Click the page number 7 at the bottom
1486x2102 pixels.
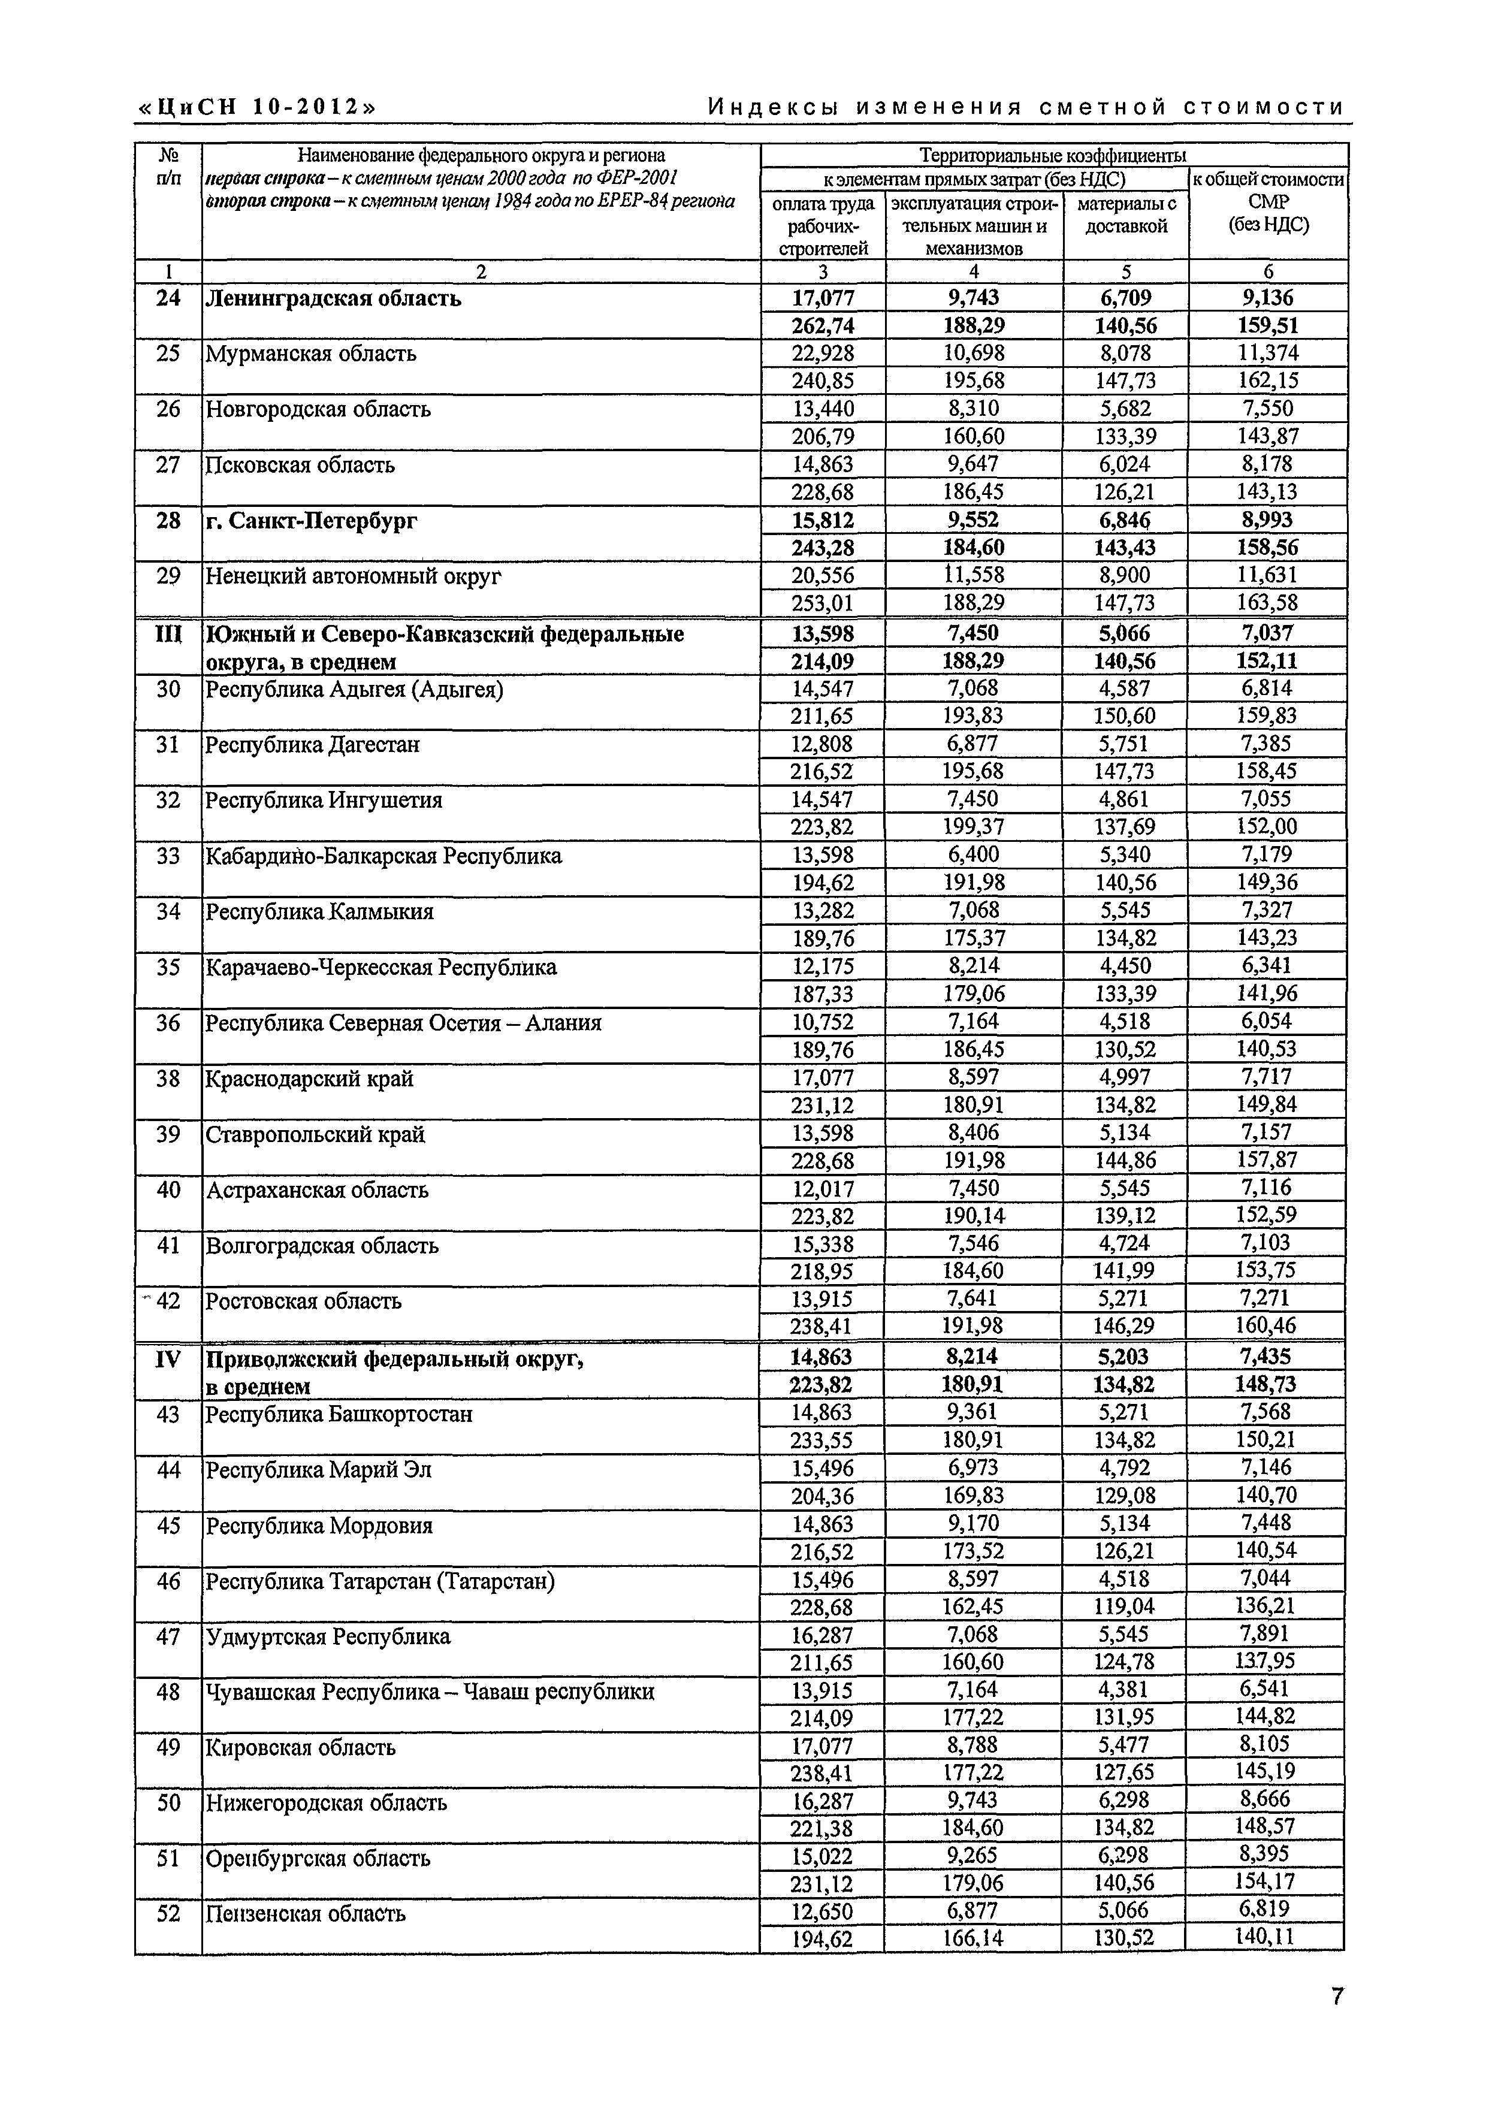(1337, 1997)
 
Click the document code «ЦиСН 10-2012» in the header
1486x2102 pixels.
(257, 107)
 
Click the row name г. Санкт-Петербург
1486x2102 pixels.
(312, 521)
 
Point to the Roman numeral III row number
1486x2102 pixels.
(168, 633)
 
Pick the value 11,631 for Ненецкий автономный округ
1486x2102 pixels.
(1267, 575)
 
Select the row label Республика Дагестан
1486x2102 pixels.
(312, 744)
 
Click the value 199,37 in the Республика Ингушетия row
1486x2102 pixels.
(973, 827)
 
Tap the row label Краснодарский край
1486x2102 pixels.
(309, 1079)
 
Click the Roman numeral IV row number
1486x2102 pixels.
(168, 1358)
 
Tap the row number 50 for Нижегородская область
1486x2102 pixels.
(168, 1802)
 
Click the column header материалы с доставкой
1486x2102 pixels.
(1125, 215)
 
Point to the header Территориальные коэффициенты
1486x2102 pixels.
(1053, 155)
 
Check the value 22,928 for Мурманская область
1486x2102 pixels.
(822, 354)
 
